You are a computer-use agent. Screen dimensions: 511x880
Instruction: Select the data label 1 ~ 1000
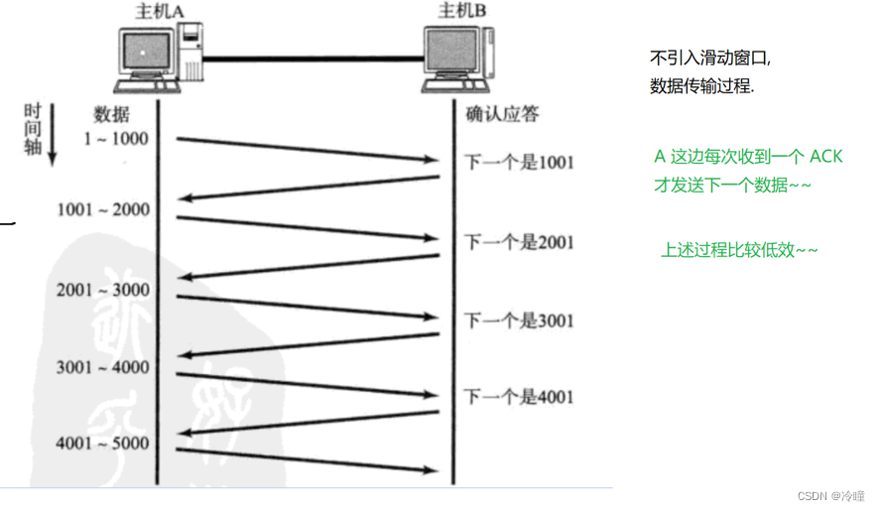coord(116,139)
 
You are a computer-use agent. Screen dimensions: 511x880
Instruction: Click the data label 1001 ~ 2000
coord(103,209)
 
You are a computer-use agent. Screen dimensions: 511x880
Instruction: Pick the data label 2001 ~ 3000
coord(103,290)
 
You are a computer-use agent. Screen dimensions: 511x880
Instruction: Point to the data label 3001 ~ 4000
coord(103,368)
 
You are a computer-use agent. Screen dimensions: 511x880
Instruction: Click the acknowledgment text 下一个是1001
coord(520,163)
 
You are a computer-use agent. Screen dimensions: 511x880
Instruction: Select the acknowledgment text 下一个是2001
coord(520,242)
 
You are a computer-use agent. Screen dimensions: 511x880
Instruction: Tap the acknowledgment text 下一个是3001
coord(520,320)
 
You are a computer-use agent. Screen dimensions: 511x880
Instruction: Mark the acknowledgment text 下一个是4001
coord(520,398)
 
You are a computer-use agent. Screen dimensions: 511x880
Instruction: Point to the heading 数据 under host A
coord(111,113)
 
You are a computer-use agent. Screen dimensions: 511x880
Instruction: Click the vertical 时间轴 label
coord(32,122)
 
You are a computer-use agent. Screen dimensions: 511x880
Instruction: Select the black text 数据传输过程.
coord(701,86)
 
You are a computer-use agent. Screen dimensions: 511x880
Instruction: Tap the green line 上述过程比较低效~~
coord(739,250)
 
